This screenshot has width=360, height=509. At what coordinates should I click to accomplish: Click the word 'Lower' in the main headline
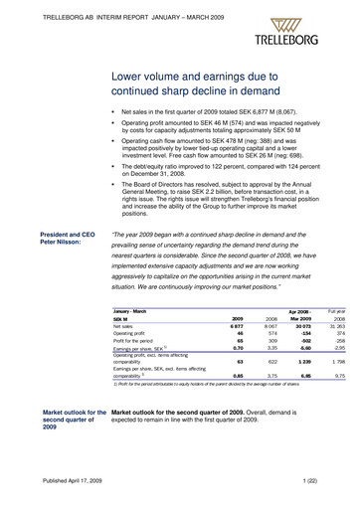[x=132, y=77]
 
